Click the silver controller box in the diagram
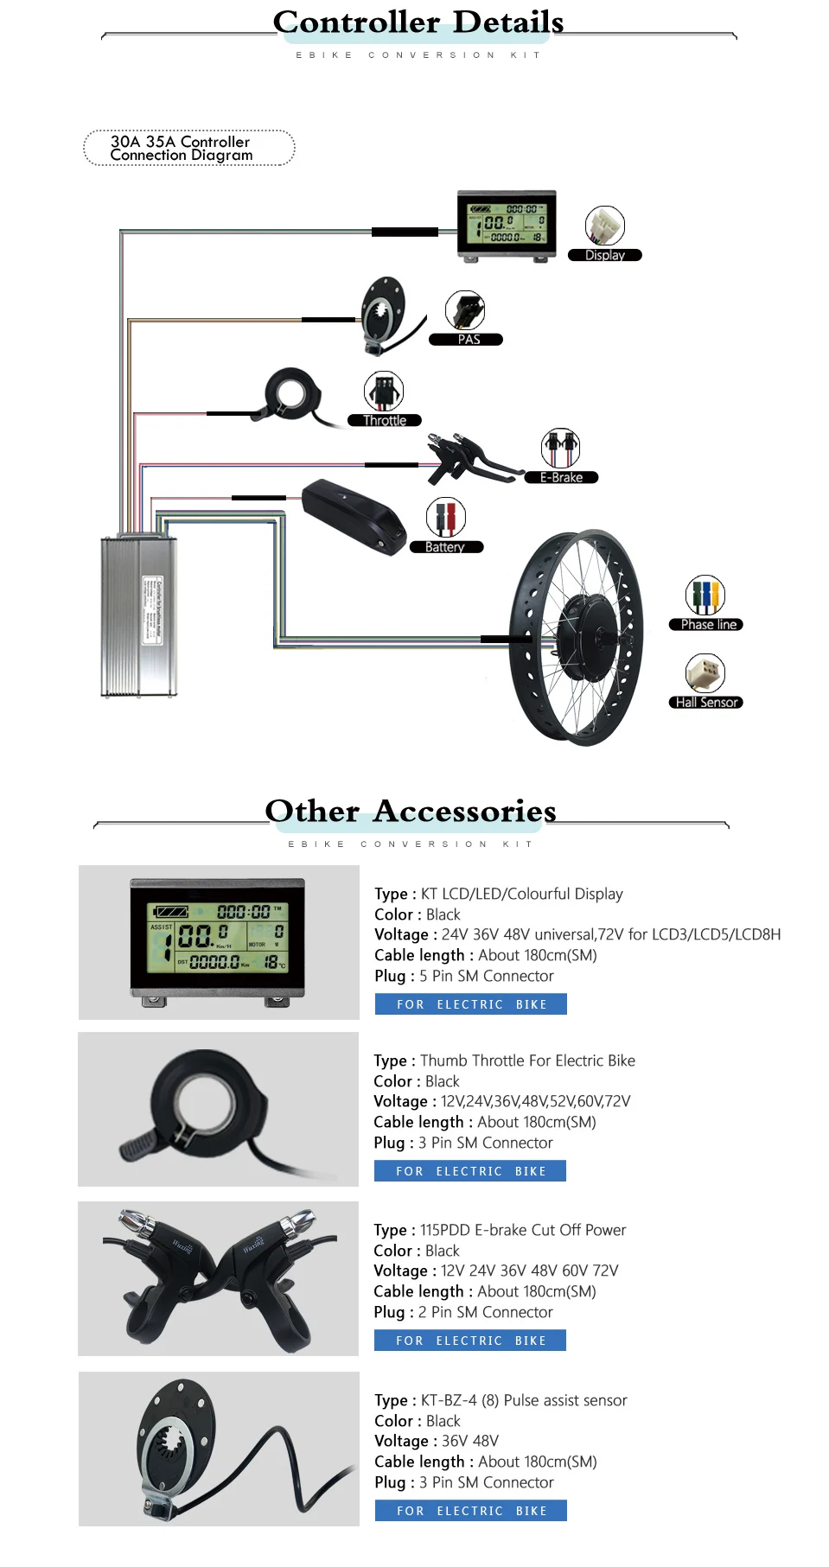point(139,615)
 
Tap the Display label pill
point(604,255)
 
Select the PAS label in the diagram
point(468,340)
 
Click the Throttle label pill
point(384,421)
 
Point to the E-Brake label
point(561,477)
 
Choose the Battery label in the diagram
point(444,547)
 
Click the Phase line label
point(707,625)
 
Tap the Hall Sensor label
point(706,703)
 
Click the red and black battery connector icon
point(445,518)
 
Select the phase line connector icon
point(705,595)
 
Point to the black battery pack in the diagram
point(354,515)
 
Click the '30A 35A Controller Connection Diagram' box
point(188,148)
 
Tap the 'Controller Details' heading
point(418,22)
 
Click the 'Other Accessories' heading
point(411,811)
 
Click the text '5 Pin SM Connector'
point(486,976)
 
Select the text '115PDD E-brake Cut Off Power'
point(522,1230)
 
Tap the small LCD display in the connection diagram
point(507,223)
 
